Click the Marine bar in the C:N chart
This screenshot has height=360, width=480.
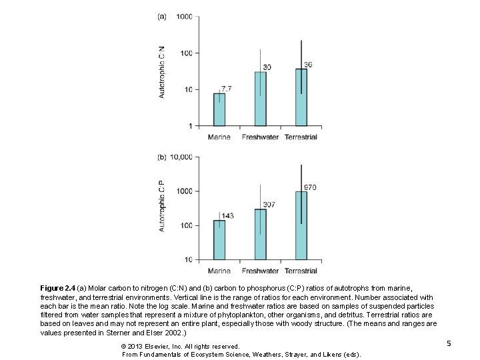(x=219, y=109)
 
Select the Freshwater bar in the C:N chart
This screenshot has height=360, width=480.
(x=260, y=99)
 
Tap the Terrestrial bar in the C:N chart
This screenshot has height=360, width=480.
(x=301, y=97)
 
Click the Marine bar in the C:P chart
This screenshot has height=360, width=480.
(x=219, y=240)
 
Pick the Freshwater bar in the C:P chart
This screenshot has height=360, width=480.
(x=260, y=234)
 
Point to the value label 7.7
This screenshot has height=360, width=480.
(x=227, y=89)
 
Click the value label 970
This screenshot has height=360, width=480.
(x=310, y=187)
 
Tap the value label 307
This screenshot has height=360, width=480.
(x=269, y=204)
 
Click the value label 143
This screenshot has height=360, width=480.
(x=227, y=215)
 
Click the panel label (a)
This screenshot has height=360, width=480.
(x=162, y=17)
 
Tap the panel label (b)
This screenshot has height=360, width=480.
(x=162, y=157)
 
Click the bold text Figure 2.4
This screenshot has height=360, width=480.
(x=61, y=288)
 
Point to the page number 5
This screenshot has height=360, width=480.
(x=449, y=343)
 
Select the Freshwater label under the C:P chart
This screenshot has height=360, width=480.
(x=260, y=271)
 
